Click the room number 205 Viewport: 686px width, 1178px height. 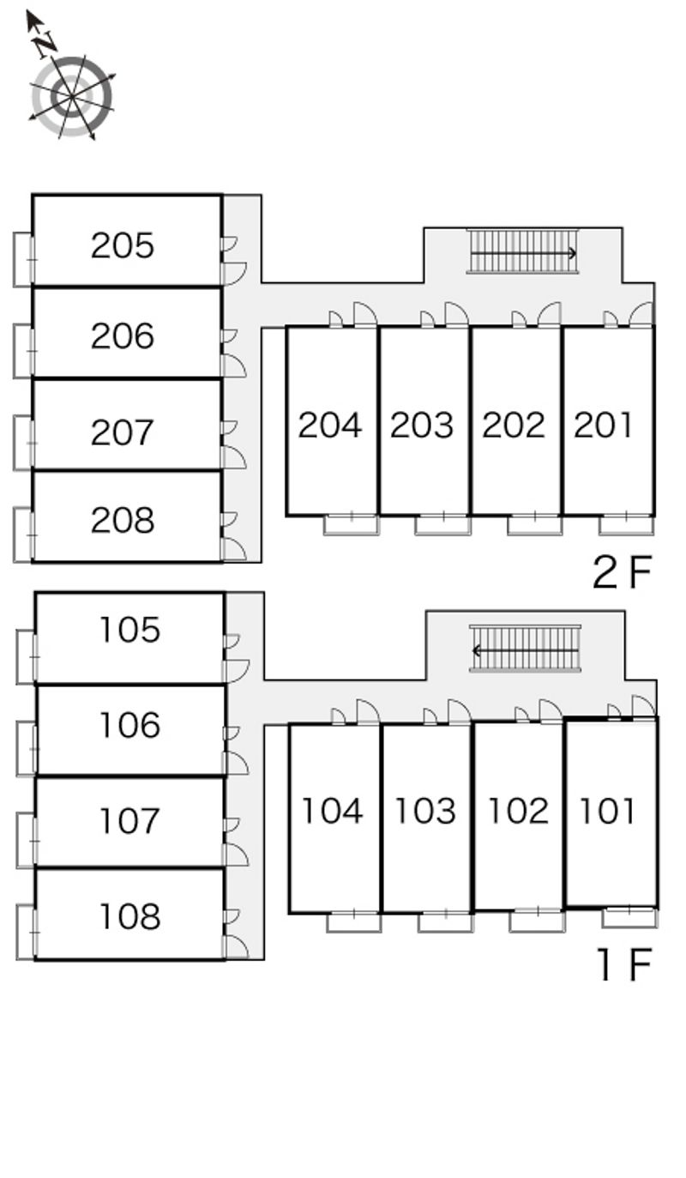(123, 245)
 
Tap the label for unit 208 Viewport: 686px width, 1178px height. (123, 520)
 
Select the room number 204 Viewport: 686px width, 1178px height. (330, 425)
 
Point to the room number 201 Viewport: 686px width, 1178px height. (603, 425)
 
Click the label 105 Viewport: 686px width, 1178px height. (129, 630)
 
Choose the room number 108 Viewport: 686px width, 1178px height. (129, 916)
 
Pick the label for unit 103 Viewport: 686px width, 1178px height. (424, 811)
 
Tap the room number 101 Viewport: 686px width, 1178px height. (607, 811)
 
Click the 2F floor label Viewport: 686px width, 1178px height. (623, 572)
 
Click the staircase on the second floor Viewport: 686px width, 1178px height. (522, 252)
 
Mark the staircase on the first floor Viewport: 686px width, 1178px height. (525, 649)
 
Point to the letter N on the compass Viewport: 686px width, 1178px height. (45, 43)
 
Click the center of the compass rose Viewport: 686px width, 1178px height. (71, 97)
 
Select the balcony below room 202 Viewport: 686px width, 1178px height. (534, 524)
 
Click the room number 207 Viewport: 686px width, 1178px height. (123, 432)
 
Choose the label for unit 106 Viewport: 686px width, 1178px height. (129, 725)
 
